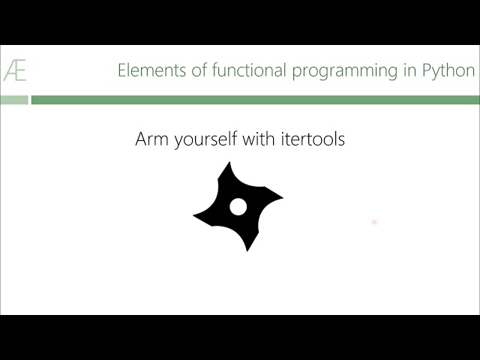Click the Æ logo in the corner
[15, 71]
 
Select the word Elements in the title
[148, 70]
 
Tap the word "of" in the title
[192, 70]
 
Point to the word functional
[246, 70]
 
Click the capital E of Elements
[122, 70]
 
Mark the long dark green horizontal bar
[255, 100]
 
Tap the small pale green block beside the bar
[14, 100]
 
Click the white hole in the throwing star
[238, 207]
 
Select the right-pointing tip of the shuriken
[280, 198]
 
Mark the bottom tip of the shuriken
[247, 249]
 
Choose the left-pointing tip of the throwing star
[196, 216]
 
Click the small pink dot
[373, 222]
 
